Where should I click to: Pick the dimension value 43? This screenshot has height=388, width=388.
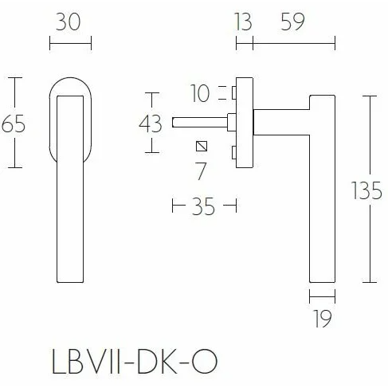(x=150, y=124)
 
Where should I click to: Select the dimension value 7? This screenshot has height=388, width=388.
(x=201, y=170)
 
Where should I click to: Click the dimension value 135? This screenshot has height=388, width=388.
(x=366, y=190)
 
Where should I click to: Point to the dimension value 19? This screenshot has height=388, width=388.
(x=322, y=319)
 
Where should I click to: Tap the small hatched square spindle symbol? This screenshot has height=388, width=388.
(x=202, y=147)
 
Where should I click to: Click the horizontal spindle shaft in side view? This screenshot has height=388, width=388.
(x=199, y=123)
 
